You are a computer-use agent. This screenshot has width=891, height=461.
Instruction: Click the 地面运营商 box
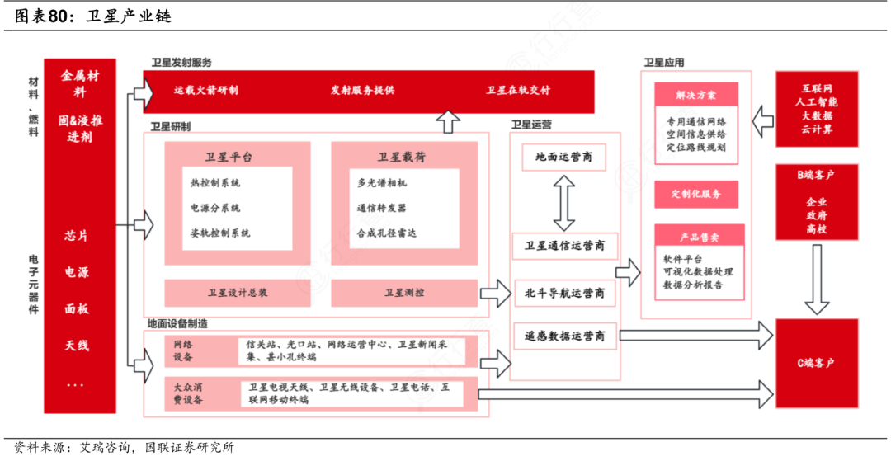click(564, 158)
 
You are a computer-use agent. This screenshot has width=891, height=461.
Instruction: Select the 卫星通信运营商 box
click(564, 246)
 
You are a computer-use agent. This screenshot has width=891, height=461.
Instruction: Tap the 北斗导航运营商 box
click(564, 293)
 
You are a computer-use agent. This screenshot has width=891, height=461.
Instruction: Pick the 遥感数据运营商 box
click(564, 336)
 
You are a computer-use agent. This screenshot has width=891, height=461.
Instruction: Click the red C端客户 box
click(816, 363)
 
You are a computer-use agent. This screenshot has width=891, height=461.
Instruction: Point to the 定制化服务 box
click(695, 195)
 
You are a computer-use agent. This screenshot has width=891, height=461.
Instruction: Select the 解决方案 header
click(695, 95)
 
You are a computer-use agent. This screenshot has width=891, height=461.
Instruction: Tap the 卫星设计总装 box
click(238, 293)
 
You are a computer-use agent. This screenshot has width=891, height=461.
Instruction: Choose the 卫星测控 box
click(404, 293)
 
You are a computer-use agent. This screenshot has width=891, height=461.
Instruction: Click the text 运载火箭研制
click(206, 91)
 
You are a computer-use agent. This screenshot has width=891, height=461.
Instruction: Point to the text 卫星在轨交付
click(518, 91)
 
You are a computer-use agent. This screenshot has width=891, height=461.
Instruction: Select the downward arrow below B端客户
click(816, 280)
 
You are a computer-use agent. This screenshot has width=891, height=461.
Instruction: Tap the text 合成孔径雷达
click(387, 233)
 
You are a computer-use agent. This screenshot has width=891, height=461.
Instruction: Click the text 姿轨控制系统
click(220, 233)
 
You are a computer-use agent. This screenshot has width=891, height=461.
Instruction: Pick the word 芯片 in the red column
click(77, 236)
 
